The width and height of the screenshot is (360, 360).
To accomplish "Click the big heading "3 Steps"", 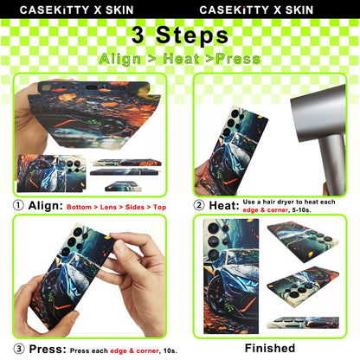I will pos(179,35).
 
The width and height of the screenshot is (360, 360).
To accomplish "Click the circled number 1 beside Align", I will pos(18,206).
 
